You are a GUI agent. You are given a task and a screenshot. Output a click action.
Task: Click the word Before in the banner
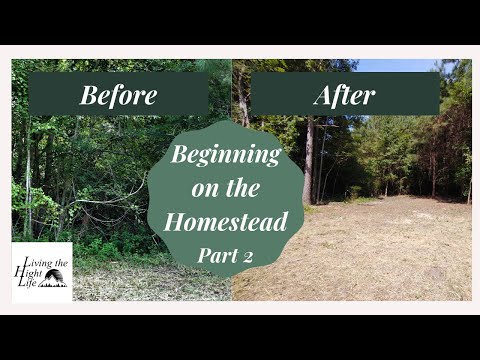coord(118,96)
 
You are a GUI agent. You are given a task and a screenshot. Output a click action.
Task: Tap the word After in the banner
coord(344,96)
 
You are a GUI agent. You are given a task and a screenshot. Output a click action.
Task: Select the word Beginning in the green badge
coord(224,156)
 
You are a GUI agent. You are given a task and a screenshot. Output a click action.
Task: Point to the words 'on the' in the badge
coord(225,189)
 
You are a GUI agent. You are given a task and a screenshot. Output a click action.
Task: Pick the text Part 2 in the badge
coord(224,254)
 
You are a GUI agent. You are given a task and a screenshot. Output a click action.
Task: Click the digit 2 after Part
coord(246,254)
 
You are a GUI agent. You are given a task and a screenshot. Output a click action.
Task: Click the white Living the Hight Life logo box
coord(42,272)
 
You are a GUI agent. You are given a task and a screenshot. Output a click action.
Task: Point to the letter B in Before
coord(88,96)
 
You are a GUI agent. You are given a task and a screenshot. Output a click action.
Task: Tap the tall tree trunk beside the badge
coord(309,160)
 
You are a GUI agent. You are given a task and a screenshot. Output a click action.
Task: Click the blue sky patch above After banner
coord(400,65)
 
